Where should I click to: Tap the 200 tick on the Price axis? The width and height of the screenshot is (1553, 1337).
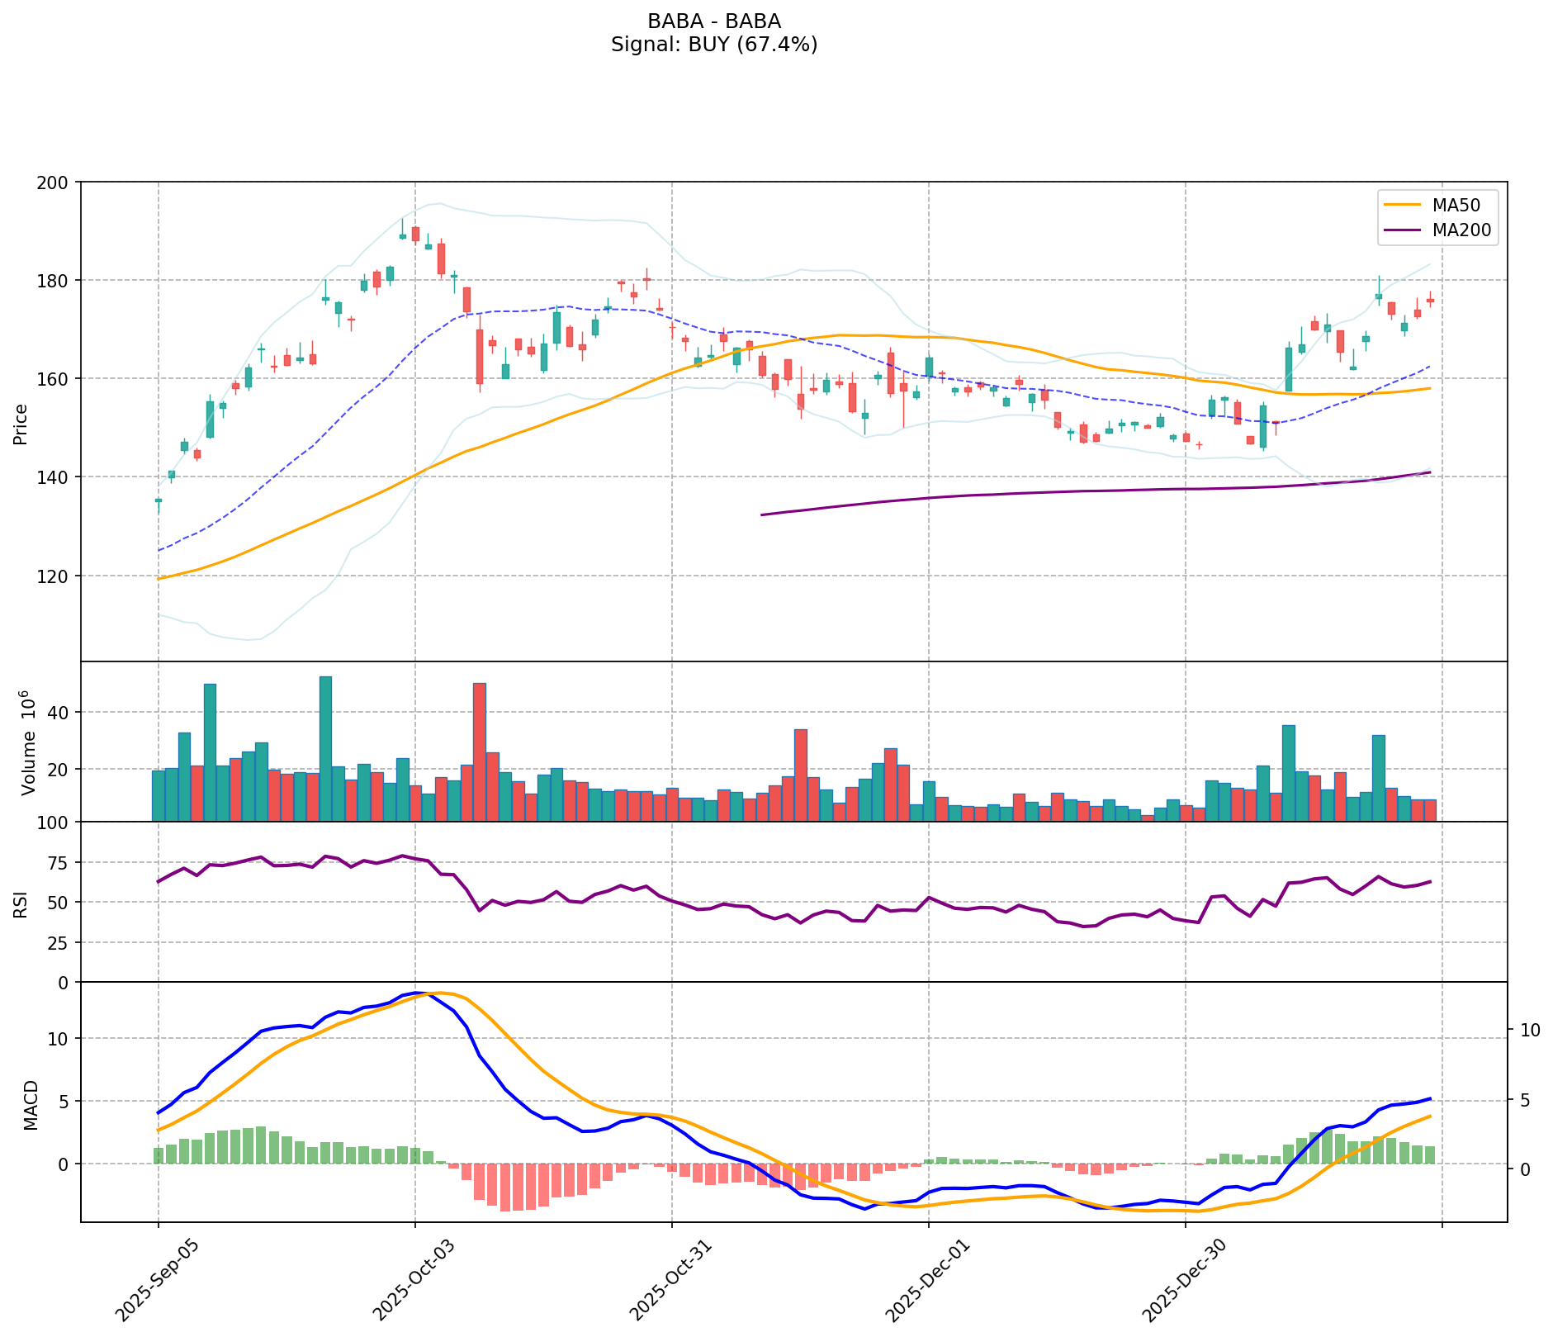[x=58, y=182]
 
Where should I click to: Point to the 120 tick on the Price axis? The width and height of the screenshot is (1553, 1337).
[x=58, y=576]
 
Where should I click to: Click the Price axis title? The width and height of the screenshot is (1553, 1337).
[x=21, y=424]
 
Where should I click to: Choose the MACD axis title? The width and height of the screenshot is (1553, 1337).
[x=31, y=1104]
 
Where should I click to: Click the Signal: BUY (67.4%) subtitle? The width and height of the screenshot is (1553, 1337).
[x=714, y=45]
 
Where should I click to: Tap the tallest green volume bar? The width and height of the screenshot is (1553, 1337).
[x=326, y=748]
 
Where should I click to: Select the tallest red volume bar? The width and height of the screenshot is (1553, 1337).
[x=480, y=751]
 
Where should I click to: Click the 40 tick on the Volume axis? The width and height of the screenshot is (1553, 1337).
[x=61, y=712]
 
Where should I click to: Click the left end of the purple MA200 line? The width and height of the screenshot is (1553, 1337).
[x=761, y=514]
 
